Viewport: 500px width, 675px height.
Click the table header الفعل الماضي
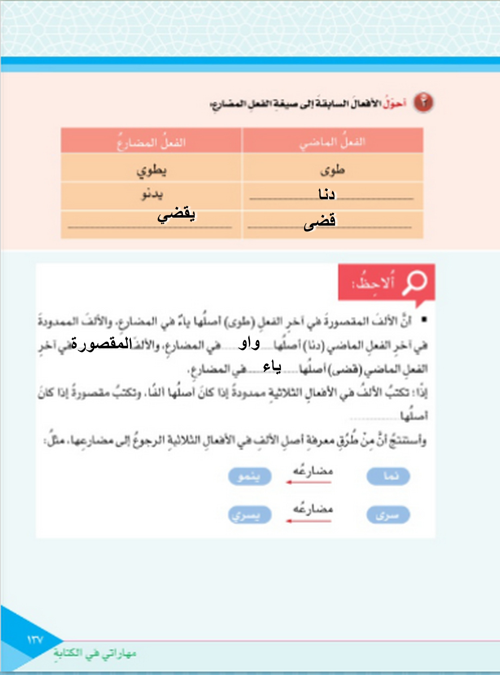tap(333, 142)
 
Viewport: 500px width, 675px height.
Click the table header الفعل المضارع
tap(151, 143)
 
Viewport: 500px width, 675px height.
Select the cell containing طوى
tap(333, 170)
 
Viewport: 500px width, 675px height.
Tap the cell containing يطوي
tap(151, 170)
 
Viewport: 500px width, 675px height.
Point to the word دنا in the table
tap(326, 194)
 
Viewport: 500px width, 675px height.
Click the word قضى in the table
tap(319, 222)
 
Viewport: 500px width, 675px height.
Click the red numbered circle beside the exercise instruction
tap(423, 102)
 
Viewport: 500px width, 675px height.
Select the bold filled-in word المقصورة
tap(102, 343)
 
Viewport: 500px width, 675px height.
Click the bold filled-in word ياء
tap(272, 367)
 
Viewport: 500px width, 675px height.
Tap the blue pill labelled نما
tap(388, 476)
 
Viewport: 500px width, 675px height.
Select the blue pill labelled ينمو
tap(250, 476)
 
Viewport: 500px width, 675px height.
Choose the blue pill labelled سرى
tap(388, 515)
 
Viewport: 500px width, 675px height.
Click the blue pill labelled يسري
tap(250, 515)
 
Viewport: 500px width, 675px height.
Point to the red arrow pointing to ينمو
tap(309, 482)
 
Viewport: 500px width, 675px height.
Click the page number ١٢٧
tap(35, 640)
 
